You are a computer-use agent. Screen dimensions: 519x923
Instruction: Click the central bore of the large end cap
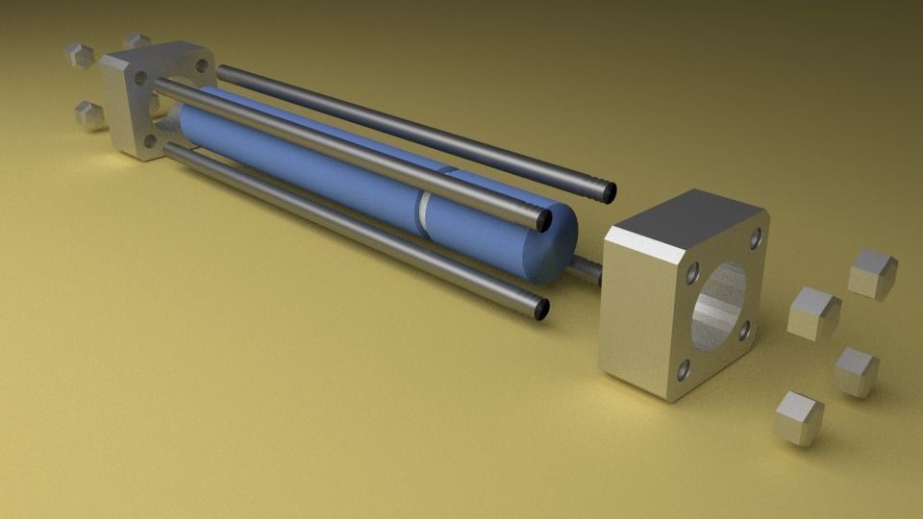[719, 302]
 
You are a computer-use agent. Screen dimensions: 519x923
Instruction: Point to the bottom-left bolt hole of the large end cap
[683, 368]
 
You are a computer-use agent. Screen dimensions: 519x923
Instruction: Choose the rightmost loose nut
[873, 273]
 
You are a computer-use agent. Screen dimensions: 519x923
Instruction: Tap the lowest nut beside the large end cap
[798, 415]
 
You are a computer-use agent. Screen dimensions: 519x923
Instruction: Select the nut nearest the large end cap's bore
[813, 312]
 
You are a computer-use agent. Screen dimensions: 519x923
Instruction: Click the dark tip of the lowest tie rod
[541, 309]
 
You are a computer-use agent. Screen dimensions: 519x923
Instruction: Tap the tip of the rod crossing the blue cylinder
[544, 221]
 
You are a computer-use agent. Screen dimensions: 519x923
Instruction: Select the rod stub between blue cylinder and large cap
[588, 269]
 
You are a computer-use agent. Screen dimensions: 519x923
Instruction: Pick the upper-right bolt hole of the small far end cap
[201, 66]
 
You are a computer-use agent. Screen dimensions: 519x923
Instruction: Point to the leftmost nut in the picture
[80, 54]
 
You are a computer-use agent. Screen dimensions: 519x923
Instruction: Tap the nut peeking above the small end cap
[137, 40]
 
